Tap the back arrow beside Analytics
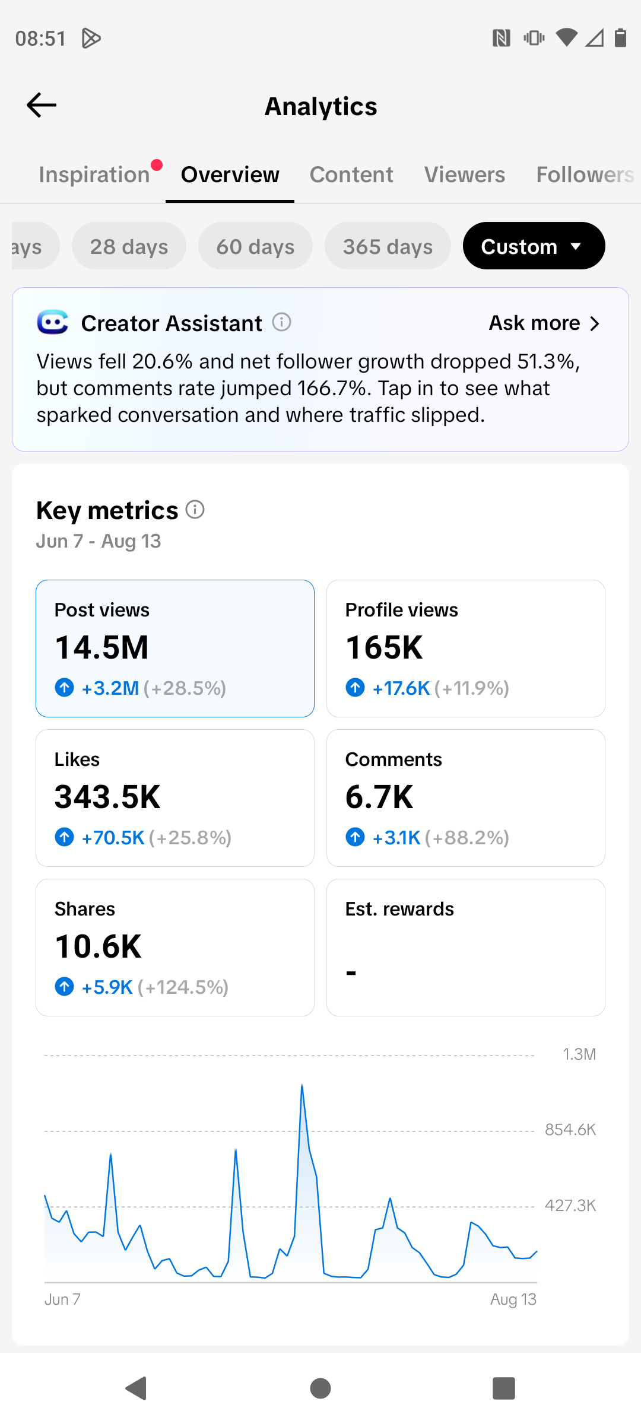[x=42, y=106]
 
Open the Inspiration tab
[x=94, y=174]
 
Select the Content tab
[x=351, y=174]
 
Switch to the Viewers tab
[x=465, y=174]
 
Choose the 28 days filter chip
[x=129, y=246]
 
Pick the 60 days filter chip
[x=255, y=246]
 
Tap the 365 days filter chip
[x=388, y=246]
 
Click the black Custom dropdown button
[x=534, y=246]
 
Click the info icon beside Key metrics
[x=195, y=509]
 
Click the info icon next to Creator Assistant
[x=281, y=322]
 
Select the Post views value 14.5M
[x=101, y=647]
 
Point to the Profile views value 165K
[x=384, y=647]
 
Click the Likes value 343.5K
[x=107, y=796]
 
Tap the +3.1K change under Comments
[x=396, y=837]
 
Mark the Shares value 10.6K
[x=98, y=946]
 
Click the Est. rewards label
[x=399, y=909]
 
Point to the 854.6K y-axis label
[x=570, y=1129]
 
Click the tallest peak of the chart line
[x=302, y=1085]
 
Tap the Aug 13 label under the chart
[x=513, y=1299]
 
